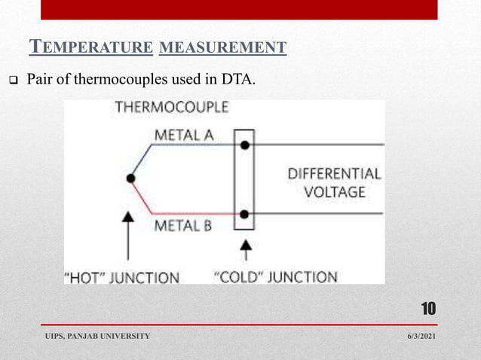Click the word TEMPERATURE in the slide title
90,49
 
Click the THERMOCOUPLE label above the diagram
172,108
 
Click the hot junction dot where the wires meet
131,178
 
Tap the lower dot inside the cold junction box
244,214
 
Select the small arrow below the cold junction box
244,249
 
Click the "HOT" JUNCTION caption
123,277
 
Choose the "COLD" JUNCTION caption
277,276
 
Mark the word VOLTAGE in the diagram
334,192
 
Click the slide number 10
428,309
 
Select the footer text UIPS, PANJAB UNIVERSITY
97,335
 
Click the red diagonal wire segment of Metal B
142,197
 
